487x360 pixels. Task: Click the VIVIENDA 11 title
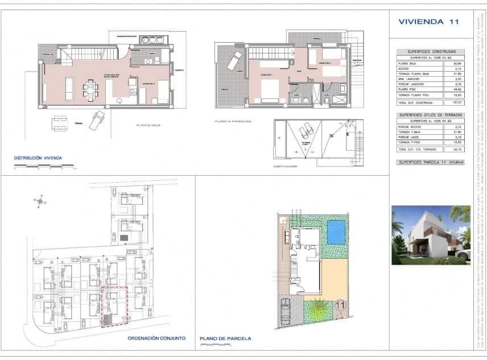(428, 22)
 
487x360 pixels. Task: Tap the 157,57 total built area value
(454, 103)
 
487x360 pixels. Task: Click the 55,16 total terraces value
(454, 150)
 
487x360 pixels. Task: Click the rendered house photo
(431, 234)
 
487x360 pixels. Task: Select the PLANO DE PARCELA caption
(226, 338)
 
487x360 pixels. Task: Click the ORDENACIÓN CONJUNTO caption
(156, 338)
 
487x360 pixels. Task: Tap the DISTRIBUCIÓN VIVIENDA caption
(38, 158)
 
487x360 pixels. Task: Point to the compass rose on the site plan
(40, 200)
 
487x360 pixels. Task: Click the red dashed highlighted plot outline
(114, 308)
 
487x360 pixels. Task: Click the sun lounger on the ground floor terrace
(97, 119)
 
